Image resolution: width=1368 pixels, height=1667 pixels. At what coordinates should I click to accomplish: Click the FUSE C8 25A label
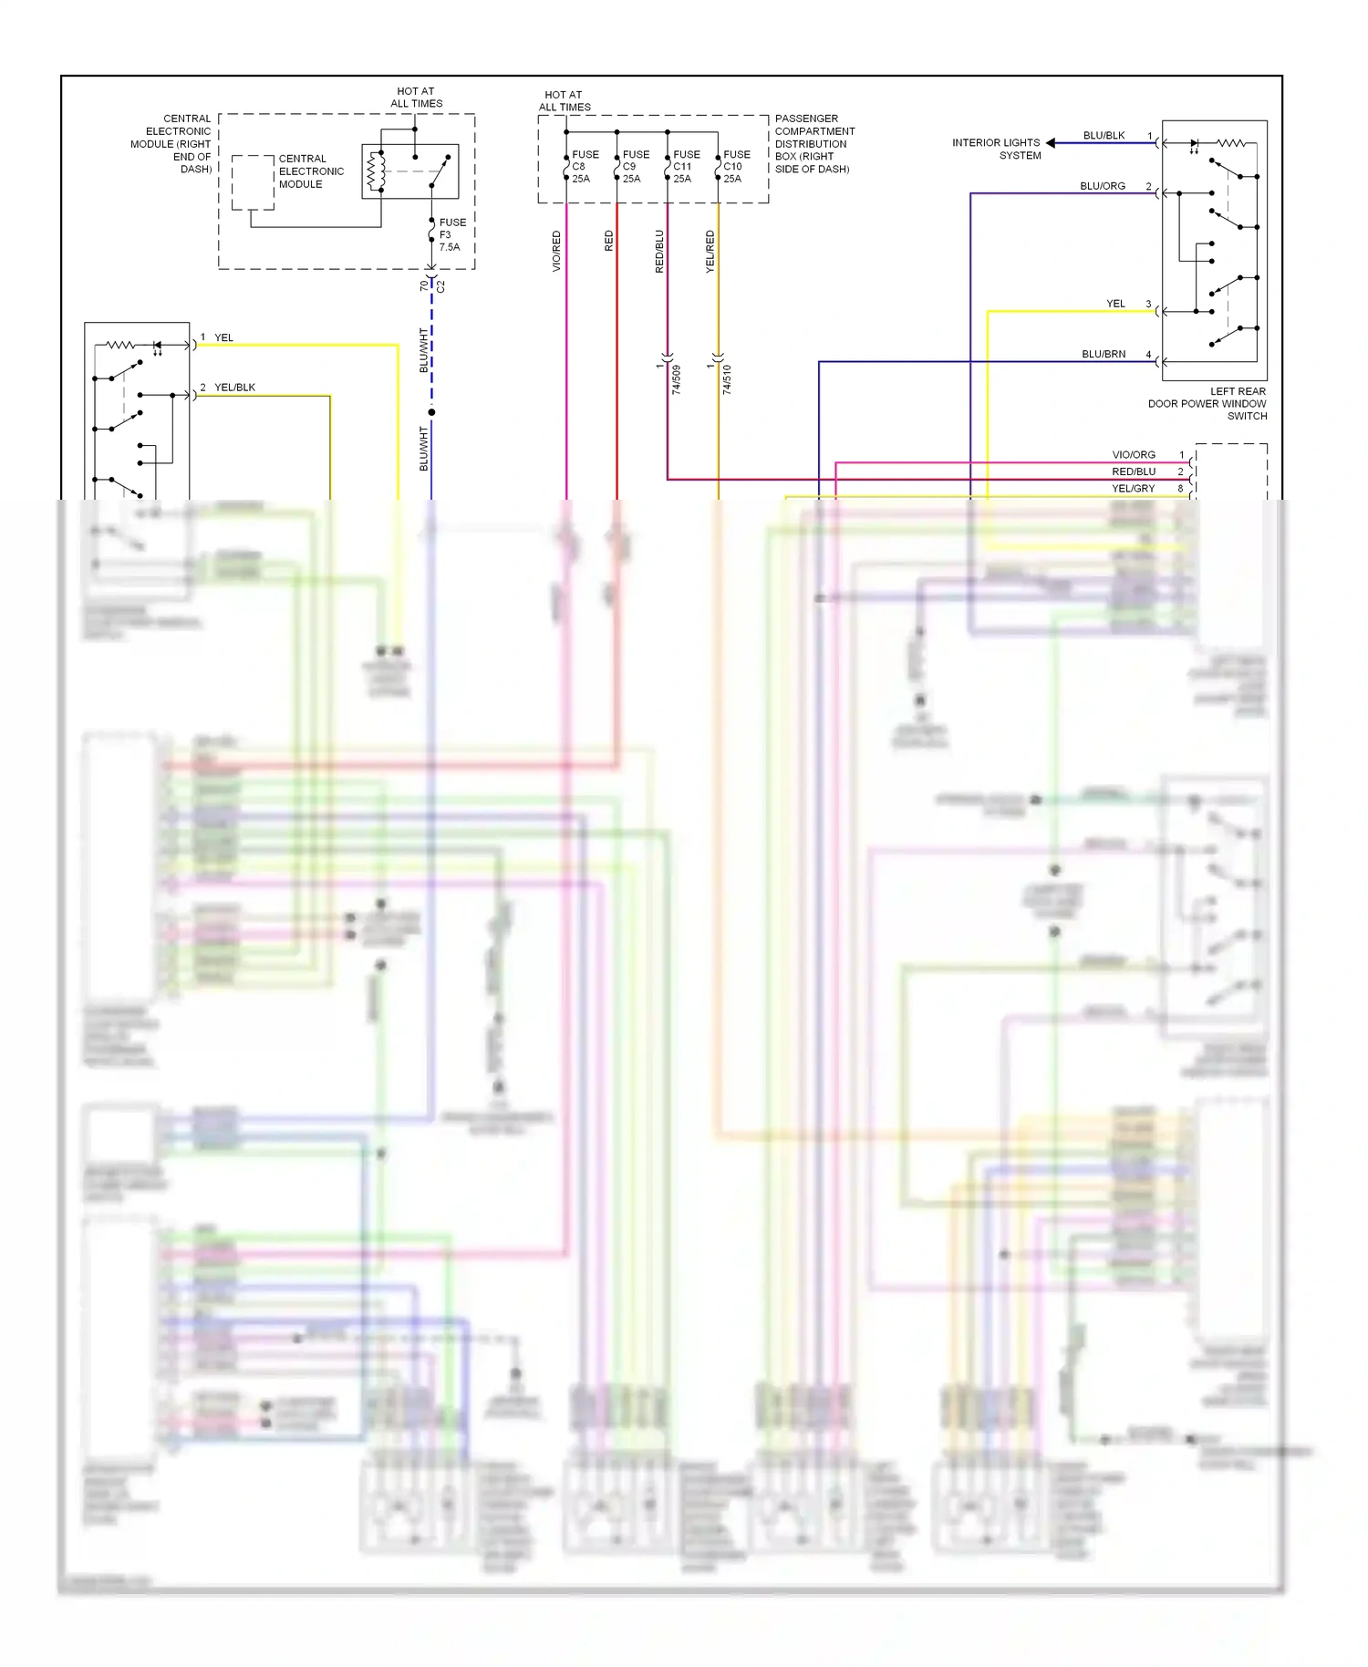click(x=584, y=167)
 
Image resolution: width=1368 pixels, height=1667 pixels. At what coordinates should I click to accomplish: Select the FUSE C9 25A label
click(x=635, y=167)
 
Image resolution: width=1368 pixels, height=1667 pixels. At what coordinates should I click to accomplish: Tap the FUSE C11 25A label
click(x=686, y=167)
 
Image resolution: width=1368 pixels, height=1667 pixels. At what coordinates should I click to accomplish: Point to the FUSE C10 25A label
click(x=736, y=167)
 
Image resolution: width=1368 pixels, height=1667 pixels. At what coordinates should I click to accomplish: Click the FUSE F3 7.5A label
click(x=451, y=234)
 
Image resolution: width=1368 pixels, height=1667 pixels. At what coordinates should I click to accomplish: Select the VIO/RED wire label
click(x=556, y=251)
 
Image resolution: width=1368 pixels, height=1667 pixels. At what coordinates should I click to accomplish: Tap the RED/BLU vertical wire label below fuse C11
click(x=659, y=251)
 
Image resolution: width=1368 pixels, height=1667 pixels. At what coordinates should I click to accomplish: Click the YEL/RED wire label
click(x=710, y=251)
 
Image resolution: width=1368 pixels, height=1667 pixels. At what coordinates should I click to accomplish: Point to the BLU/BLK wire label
click(x=1104, y=136)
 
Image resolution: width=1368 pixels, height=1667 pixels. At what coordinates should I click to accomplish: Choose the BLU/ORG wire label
click(x=1103, y=186)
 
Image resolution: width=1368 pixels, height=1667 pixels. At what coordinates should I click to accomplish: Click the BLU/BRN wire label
click(x=1104, y=354)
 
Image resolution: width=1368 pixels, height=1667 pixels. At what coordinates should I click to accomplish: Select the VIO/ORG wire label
click(x=1134, y=454)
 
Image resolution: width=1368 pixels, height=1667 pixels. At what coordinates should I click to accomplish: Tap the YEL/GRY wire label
click(x=1134, y=489)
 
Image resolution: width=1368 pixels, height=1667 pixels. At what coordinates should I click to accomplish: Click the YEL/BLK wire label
click(x=234, y=388)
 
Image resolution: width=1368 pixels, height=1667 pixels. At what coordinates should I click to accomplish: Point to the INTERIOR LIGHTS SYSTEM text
click(x=996, y=149)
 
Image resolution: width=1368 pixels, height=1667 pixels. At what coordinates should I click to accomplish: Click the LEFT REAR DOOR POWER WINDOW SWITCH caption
click(x=1207, y=403)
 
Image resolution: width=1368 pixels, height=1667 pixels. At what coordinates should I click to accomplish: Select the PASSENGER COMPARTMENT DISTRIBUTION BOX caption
click(x=814, y=144)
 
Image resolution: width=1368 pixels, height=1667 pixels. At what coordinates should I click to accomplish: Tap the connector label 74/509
click(x=677, y=379)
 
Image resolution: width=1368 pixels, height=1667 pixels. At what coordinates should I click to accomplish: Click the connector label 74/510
click(x=727, y=379)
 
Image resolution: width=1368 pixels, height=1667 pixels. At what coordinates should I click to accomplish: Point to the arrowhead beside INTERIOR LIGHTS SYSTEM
click(x=1051, y=143)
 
